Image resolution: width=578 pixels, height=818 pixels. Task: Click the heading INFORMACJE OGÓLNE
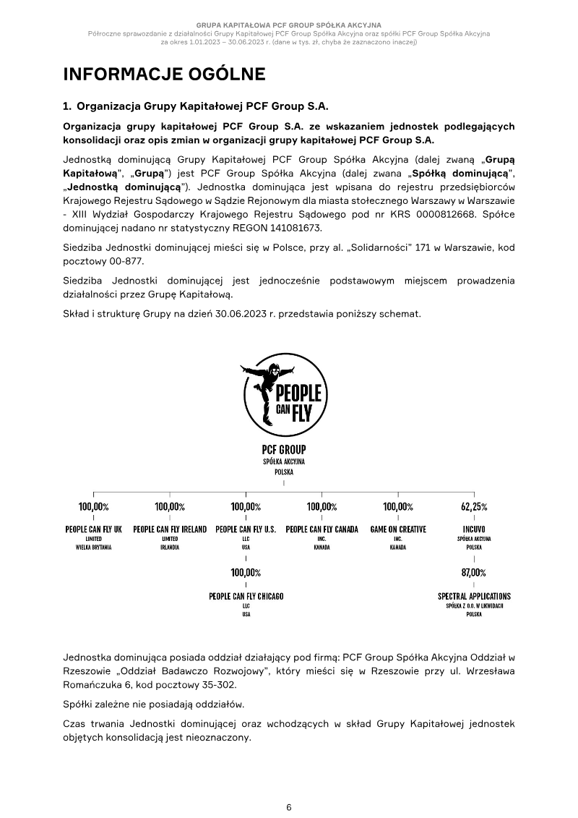coord(164,74)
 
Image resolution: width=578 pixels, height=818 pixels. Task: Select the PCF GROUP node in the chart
coord(284,449)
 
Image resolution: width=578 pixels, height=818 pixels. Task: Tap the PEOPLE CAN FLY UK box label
coord(93,529)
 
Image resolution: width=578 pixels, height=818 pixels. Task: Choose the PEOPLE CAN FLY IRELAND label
coord(170,529)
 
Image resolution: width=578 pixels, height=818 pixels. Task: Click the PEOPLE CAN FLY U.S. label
coord(246,529)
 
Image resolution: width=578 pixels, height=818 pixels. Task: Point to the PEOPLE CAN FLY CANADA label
coord(322,529)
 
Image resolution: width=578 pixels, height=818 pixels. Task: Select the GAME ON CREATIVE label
coord(397,529)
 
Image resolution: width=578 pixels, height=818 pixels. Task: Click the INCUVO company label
coord(474,529)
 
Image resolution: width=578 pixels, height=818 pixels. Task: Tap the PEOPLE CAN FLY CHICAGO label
coord(246,597)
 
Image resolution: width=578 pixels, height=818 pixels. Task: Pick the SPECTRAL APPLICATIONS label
coord(474,597)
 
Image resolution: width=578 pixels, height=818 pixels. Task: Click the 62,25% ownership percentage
coord(474,507)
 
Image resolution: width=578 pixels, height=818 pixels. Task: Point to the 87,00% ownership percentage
coord(474,573)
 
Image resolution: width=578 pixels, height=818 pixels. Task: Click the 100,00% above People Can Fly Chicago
coord(246,573)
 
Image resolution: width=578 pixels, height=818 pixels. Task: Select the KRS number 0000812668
coord(441,214)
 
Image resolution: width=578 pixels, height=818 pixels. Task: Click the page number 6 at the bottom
coord(289,807)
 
